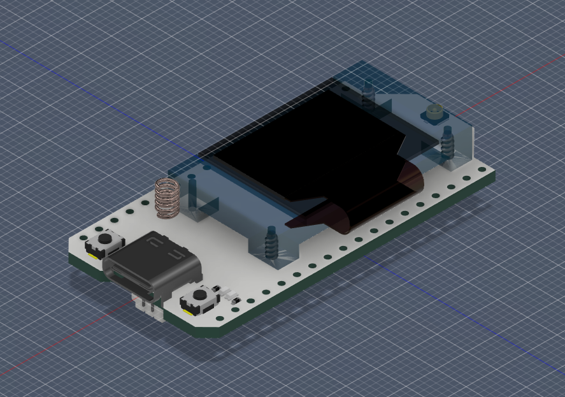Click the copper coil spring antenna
pyautogui.click(x=167, y=198)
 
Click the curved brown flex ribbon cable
pyautogui.click(x=357, y=204)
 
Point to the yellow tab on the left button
pyautogui.click(x=93, y=254)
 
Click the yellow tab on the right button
pyautogui.click(x=189, y=310)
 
